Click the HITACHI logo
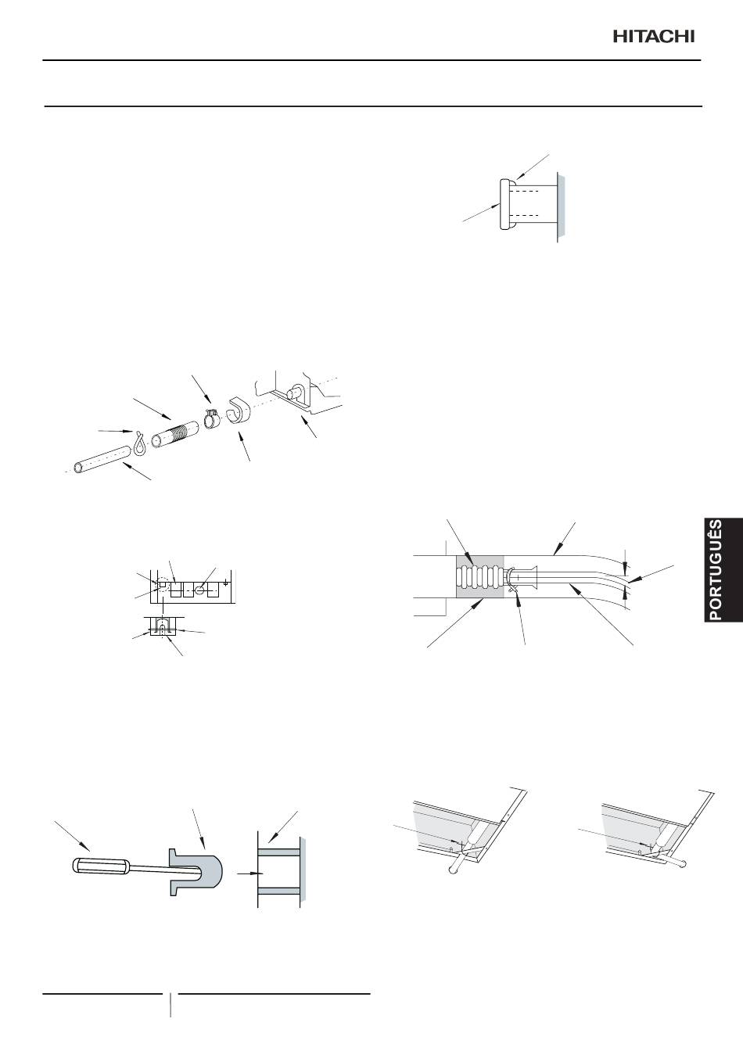tap(654, 37)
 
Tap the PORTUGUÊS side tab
tap(723, 569)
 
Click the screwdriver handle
tap(99, 866)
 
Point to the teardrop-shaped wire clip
tap(139, 443)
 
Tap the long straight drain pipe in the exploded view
tap(102, 459)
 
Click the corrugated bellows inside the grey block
tap(479, 576)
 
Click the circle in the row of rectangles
tap(200, 588)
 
